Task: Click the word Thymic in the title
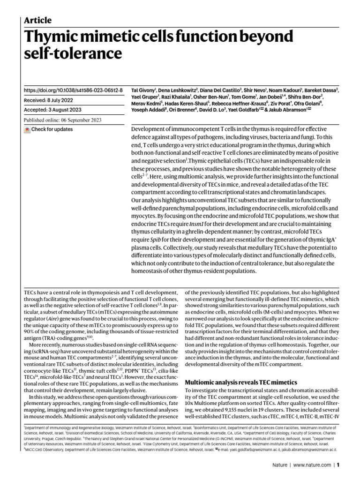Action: (x=53, y=36)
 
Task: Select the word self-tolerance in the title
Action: (x=72, y=54)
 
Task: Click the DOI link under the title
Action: (x=73, y=90)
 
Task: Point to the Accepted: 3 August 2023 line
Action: (x=52, y=110)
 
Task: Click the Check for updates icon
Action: (x=27, y=129)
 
